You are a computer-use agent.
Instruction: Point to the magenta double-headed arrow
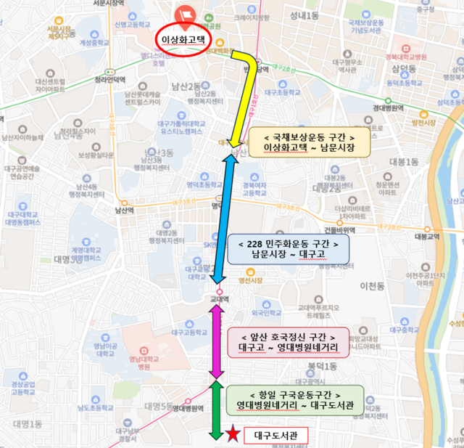click(x=215, y=341)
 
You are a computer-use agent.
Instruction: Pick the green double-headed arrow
click(x=215, y=410)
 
